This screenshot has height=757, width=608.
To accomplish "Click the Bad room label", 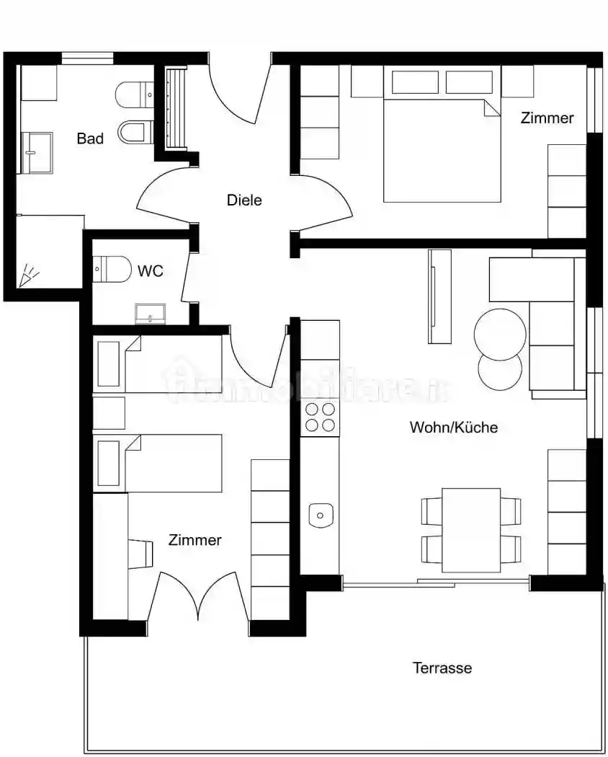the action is [90, 138].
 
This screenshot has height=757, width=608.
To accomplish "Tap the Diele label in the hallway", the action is [244, 200].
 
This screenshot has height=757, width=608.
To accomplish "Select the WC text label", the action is [151, 271].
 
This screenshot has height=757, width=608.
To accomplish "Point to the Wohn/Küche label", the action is [454, 428].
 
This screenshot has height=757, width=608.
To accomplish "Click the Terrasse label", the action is [442, 668].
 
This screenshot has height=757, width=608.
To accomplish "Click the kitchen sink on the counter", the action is [321, 515].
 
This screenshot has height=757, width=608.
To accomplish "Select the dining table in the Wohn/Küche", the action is [471, 530].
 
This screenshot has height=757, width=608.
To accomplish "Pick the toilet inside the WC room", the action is [112, 270].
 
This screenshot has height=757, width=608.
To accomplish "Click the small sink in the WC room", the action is [151, 314].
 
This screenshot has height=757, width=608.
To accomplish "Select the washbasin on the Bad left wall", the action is [37, 153].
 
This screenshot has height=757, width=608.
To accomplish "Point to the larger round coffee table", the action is [500, 335].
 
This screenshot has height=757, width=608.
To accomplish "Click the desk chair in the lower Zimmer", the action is [140, 553].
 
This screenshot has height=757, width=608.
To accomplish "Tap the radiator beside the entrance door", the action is [176, 108].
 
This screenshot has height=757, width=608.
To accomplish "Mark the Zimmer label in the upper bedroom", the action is [547, 118].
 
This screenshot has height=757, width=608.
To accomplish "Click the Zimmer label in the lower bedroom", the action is [195, 540].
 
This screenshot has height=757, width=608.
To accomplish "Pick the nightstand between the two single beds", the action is [109, 413].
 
